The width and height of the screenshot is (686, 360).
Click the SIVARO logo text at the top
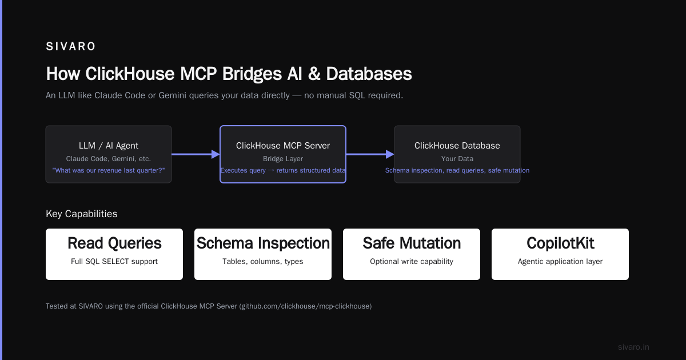click(x=70, y=46)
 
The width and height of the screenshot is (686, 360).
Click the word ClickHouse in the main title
click(x=130, y=74)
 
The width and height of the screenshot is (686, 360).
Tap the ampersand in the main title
click(x=314, y=74)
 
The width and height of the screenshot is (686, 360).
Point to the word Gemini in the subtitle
click(x=172, y=95)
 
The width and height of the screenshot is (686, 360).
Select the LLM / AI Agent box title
click(x=109, y=145)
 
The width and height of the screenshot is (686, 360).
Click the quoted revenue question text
click(x=109, y=170)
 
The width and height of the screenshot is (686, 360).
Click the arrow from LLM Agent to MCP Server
click(x=196, y=154)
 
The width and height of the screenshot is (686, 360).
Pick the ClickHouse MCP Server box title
click(x=282, y=145)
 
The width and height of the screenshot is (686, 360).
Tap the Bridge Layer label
click(x=282, y=159)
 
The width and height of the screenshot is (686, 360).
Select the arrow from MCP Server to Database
click(x=370, y=154)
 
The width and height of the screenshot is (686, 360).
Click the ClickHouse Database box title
click(x=457, y=145)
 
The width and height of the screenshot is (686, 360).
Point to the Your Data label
click(x=457, y=159)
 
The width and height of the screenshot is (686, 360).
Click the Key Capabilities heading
click(x=81, y=214)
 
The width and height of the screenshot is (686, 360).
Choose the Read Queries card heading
click(x=114, y=243)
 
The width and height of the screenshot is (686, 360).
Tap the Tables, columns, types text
click(x=263, y=262)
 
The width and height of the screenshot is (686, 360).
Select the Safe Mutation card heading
click(x=412, y=243)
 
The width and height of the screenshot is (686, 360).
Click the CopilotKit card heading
click(x=560, y=243)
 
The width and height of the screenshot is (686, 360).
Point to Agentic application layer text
click(x=560, y=262)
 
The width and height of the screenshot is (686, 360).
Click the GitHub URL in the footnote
click(x=306, y=306)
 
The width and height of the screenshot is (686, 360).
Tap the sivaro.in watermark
click(x=633, y=347)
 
